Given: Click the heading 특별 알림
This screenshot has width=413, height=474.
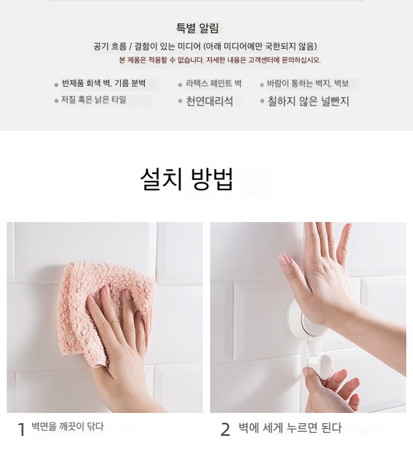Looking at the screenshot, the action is point(197,28).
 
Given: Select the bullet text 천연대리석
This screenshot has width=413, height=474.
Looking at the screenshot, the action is point(209,101).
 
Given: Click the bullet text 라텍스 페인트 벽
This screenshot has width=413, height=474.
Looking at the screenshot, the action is point(213,84).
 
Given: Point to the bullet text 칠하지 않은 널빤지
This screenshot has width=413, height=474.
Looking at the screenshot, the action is point(308,101).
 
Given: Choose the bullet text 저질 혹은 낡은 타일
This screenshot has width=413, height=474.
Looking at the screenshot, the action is point(94,100).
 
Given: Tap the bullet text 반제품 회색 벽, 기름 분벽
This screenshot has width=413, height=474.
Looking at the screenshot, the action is point(104,83).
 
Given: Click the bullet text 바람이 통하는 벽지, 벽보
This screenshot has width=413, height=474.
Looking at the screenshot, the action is point(308,84).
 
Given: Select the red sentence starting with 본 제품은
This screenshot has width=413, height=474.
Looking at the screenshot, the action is point(220,60).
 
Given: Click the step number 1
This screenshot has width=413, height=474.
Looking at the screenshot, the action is point(21,430).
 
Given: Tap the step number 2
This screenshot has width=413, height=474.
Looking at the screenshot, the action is point(225,430).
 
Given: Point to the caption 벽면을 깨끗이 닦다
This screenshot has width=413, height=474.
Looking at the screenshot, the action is point(68,426).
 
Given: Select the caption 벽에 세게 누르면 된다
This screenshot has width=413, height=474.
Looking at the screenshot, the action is point(290,428).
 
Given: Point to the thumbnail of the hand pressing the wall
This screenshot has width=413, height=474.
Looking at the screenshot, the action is point(308,317).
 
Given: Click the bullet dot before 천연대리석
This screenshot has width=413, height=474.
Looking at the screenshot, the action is point(180,101).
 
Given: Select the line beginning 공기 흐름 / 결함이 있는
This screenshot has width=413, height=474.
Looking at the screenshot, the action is point(205,47).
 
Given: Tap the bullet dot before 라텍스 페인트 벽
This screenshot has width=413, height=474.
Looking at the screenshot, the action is point(180,85).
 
